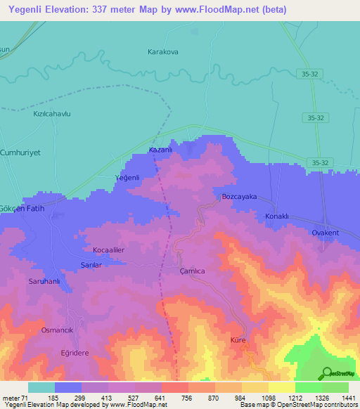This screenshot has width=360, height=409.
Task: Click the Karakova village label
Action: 164,52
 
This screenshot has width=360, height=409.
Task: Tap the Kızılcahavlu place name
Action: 49,114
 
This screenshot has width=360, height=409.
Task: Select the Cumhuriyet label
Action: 20,152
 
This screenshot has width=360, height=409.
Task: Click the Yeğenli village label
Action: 127,178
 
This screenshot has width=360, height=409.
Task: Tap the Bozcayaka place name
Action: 239,197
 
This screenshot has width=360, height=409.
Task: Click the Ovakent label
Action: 326,233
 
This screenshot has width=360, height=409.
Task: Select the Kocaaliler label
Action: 109,250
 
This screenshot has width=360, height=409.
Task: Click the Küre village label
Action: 238,340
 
